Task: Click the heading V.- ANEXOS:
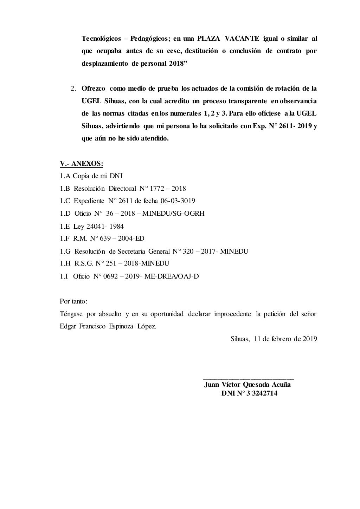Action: [82, 163]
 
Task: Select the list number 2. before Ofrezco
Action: [73, 88]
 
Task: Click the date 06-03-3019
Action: [178, 201]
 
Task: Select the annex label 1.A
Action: [65, 176]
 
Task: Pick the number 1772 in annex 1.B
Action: [157, 189]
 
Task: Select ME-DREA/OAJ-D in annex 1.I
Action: [172, 276]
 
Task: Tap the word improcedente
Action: [233, 314]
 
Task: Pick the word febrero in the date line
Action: [284, 339]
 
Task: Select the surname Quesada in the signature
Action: [258, 384]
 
